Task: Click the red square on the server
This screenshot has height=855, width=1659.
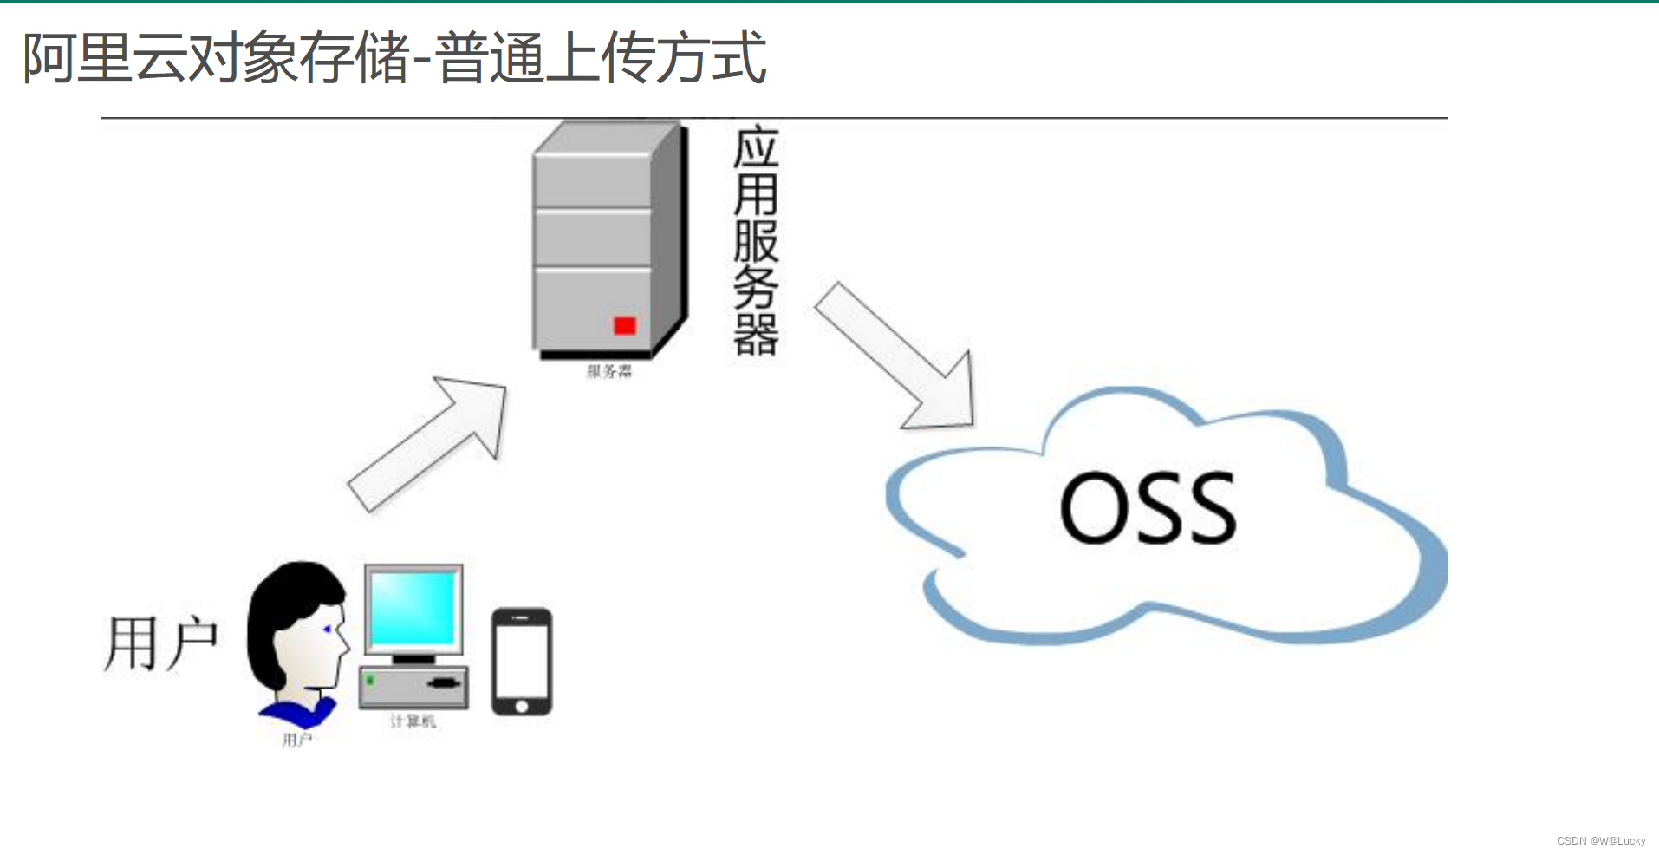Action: coord(625,326)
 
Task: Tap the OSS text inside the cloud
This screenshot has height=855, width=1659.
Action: coord(1148,509)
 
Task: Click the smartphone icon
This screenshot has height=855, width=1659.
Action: coord(522,661)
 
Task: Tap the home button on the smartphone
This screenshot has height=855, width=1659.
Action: coord(522,706)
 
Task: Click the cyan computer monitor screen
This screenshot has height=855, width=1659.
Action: coord(413,608)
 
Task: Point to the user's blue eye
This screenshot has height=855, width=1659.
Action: coord(327,629)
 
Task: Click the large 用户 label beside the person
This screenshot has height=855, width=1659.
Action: coord(161,644)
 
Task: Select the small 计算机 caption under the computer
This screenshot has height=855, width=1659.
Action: coord(413,721)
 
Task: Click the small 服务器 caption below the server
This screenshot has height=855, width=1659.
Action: coord(609,372)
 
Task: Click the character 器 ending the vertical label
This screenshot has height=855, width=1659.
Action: coord(756,335)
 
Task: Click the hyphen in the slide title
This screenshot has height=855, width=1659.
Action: coord(420,62)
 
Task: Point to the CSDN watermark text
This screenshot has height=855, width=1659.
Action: coord(1600,841)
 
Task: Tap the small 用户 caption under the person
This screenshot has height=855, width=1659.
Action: coord(297,740)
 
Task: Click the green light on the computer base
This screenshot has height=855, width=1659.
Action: coord(371,680)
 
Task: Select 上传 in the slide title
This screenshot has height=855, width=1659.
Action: coord(599,58)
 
